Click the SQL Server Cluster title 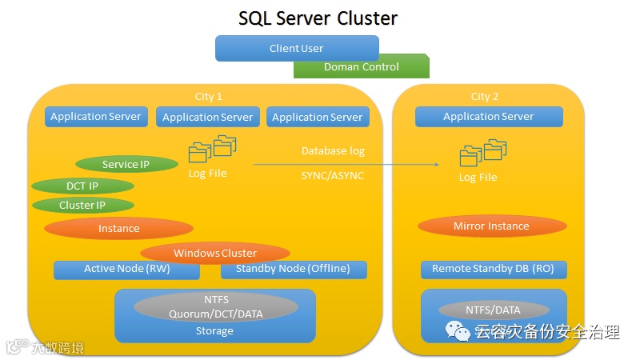coord(318,18)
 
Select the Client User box coord(296,48)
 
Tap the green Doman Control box coord(361,67)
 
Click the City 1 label coord(209,96)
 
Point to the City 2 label coord(485,96)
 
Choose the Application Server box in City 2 coord(488,117)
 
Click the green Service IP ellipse coord(126,165)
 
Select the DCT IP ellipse coord(82,186)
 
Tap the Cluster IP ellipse coord(82,206)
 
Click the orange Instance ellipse coord(118,229)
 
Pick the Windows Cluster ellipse coord(215,253)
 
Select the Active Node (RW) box coord(126,269)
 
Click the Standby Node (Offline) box coord(293,269)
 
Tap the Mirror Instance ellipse coord(491,226)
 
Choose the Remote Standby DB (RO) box coord(493,269)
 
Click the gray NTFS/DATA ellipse coord(493,310)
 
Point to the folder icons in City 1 coord(212,149)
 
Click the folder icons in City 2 coord(483,152)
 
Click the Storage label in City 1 coord(214,330)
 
